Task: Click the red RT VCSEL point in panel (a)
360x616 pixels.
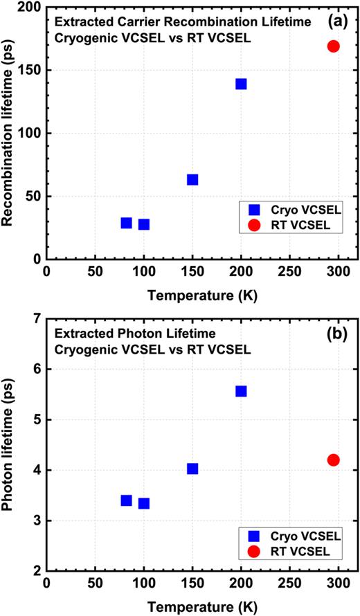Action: pos(333,46)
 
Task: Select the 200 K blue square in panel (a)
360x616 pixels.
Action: pos(241,84)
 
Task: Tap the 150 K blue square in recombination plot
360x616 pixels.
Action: pos(192,180)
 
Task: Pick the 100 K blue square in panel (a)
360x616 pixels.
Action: pos(144,224)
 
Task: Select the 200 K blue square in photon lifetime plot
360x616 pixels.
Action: pos(241,391)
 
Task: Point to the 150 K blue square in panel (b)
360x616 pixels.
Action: pos(192,469)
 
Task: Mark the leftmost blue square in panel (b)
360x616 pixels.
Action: pos(126,500)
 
